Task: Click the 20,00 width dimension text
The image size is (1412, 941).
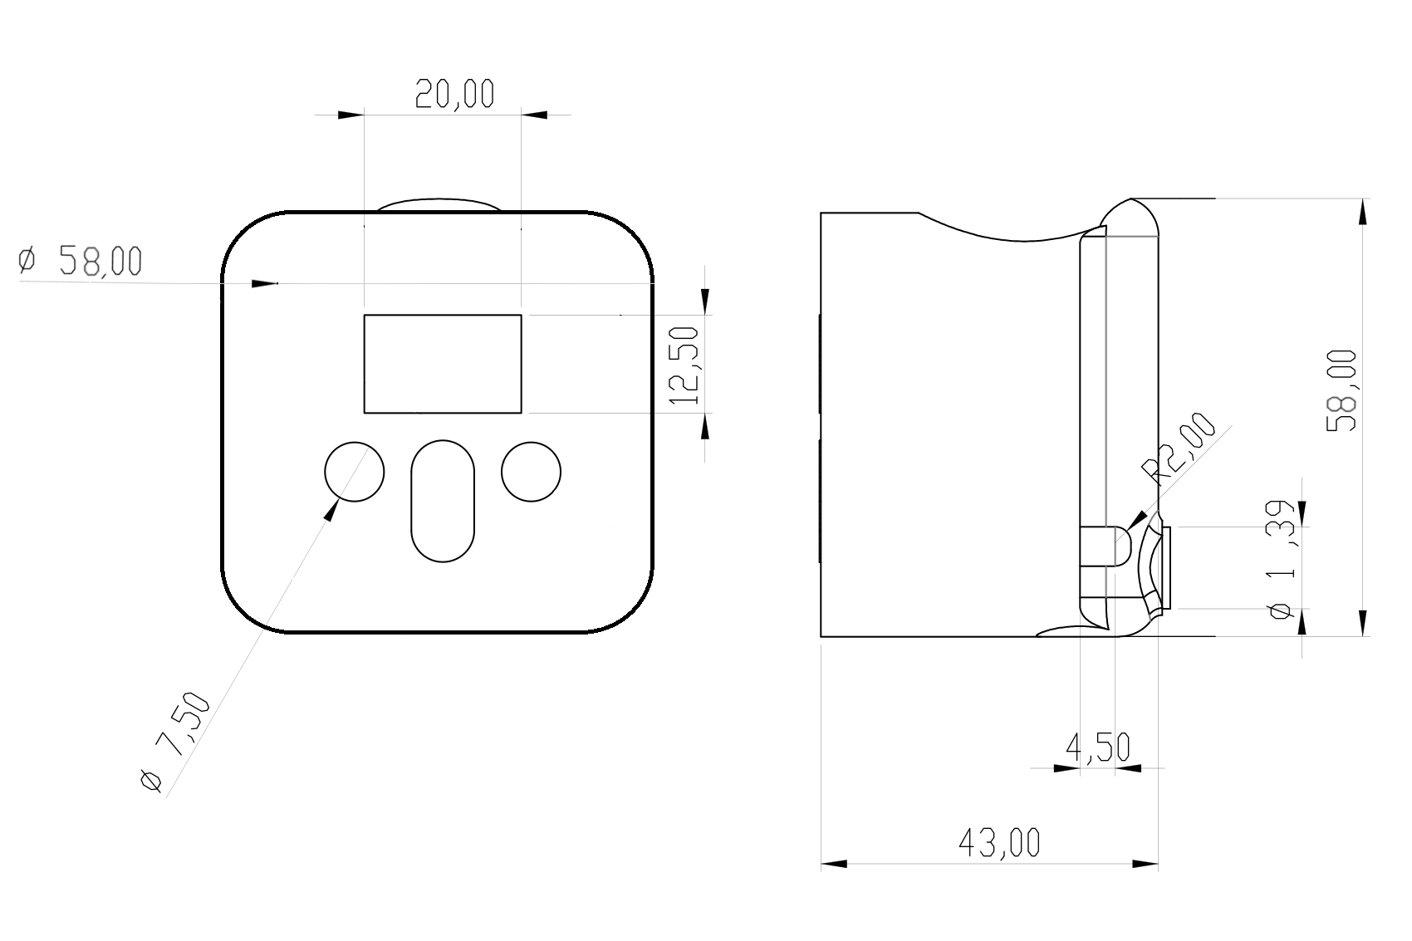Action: pos(454,95)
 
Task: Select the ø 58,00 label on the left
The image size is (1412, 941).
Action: pos(81,261)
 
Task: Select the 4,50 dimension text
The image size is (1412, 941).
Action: pos(1097,748)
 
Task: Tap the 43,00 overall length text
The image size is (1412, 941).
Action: pos(999,844)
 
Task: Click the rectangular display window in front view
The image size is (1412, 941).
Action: pos(443,364)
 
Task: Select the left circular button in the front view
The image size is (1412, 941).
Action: pos(354,472)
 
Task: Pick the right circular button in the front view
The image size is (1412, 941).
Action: pos(532,472)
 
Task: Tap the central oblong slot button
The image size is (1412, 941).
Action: pos(443,501)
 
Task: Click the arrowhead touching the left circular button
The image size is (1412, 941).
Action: pos(332,511)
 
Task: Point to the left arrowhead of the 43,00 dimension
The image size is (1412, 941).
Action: pos(834,864)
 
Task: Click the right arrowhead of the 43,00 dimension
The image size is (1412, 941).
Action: pos(1146,864)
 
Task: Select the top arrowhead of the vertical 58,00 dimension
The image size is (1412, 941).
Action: pos(1361,213)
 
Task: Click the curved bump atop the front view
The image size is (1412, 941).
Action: pos(439,204)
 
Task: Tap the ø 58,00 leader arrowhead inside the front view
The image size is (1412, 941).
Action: pos(265,284)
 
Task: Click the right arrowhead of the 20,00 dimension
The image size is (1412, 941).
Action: pos(534,115)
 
